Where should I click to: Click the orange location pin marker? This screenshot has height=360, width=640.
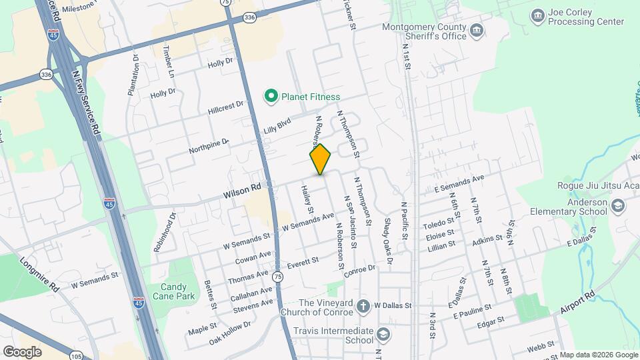(321, 159)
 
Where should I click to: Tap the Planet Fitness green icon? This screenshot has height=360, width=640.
(271, 97)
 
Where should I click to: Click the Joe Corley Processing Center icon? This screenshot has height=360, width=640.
(537, 15)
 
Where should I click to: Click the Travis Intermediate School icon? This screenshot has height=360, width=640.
(383, 333)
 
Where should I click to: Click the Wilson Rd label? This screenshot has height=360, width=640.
(241, 191)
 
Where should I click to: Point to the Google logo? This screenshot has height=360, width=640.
(22, 351)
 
